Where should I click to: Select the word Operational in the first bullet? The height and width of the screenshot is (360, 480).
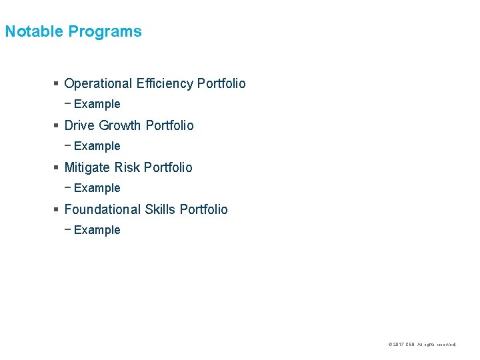(98, 83)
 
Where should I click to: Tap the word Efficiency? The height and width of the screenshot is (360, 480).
(165, 83)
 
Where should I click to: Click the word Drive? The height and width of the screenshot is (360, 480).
(79, 125)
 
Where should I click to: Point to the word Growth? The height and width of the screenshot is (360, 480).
(120, 125)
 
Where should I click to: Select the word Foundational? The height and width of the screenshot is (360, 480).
(103, 209)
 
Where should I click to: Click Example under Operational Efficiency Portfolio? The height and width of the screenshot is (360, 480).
(97, 104)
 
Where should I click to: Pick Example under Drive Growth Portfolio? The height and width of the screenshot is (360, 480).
(97, 146)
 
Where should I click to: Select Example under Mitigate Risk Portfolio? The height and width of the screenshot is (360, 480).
(97, 188)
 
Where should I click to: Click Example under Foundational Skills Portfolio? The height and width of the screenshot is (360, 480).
(97, 230)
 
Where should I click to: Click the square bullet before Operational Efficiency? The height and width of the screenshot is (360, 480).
(56, 84)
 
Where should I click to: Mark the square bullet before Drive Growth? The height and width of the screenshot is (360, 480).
(56, 126)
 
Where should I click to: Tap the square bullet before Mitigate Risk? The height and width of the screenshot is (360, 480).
(56, 168)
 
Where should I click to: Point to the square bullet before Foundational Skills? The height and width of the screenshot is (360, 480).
(56, 210)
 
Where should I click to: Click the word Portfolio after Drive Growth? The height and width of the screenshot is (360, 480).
(169, 125)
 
